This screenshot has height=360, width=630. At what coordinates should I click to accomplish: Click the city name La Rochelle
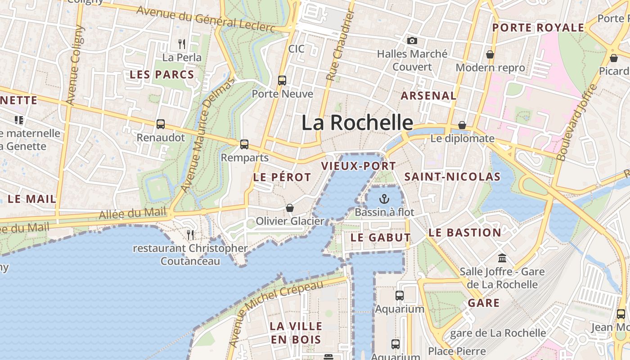tap(357, 122)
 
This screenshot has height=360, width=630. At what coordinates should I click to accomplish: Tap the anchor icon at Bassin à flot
tap(384, 198)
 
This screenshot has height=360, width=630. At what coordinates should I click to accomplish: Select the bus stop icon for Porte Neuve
tap(282, 81)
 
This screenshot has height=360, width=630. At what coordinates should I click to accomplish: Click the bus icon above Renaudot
tap(161, 124)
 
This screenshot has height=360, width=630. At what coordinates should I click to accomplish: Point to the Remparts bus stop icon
tap(244, 144)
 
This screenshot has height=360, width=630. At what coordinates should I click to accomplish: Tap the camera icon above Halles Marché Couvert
tap(412, 41)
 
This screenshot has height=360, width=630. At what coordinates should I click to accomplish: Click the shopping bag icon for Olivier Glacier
tap(290, 208)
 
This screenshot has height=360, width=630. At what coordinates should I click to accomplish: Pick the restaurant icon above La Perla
tap(182, 44)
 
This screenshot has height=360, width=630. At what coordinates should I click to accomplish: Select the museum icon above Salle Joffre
tap(502, 258)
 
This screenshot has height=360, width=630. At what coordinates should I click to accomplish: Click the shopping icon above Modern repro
tap(490, 54)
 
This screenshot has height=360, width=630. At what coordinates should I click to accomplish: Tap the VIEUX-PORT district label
tap(358, 166)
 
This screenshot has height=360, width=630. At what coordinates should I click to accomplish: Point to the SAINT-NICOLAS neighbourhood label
tap(452, 177)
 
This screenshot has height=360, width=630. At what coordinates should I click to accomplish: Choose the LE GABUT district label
tap(381, 237)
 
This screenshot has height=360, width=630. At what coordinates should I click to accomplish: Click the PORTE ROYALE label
tap(538, 28)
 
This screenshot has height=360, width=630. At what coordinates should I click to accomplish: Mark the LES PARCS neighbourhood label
tap(162, 75)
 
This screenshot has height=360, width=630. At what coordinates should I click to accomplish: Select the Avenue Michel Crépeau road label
tap(276, 313)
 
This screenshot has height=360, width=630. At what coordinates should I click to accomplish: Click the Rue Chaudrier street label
tap(341, 46)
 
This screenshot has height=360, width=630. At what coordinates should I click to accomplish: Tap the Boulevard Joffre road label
tap(576, 122)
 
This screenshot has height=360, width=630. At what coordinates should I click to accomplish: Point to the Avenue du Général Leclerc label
tap(206, 19)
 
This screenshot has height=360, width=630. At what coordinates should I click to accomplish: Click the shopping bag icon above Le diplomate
tap(462, 125)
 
